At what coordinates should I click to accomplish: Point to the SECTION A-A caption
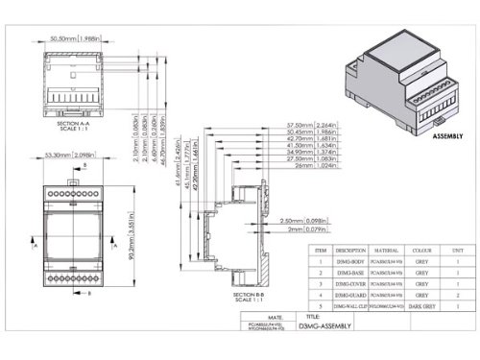(73, 124)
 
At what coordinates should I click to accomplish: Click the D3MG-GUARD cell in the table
(350, 294)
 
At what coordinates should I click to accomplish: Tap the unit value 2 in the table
(458, 294)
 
